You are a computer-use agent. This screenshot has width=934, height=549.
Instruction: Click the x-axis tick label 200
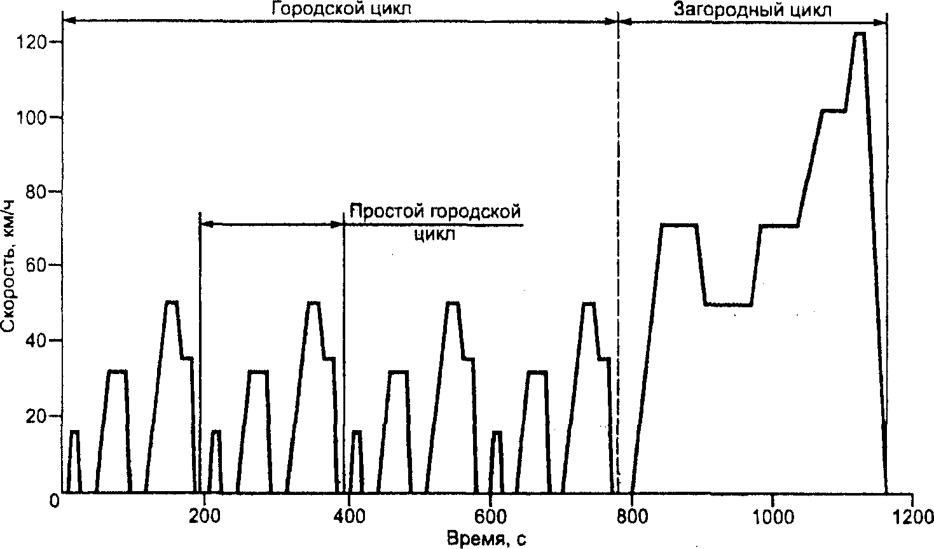204,517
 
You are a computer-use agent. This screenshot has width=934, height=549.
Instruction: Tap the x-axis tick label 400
349,517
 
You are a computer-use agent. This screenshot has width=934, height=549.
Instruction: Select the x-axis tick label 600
490,517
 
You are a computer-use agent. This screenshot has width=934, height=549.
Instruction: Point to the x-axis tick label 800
631,517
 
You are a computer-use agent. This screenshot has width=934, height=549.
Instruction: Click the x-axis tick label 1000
773,517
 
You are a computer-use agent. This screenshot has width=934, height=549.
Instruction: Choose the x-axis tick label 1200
912,517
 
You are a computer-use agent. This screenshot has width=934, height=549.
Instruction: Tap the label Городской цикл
341,8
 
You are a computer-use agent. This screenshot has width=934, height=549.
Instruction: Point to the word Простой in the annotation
387,211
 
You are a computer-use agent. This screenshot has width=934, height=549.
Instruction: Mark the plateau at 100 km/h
834,111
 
